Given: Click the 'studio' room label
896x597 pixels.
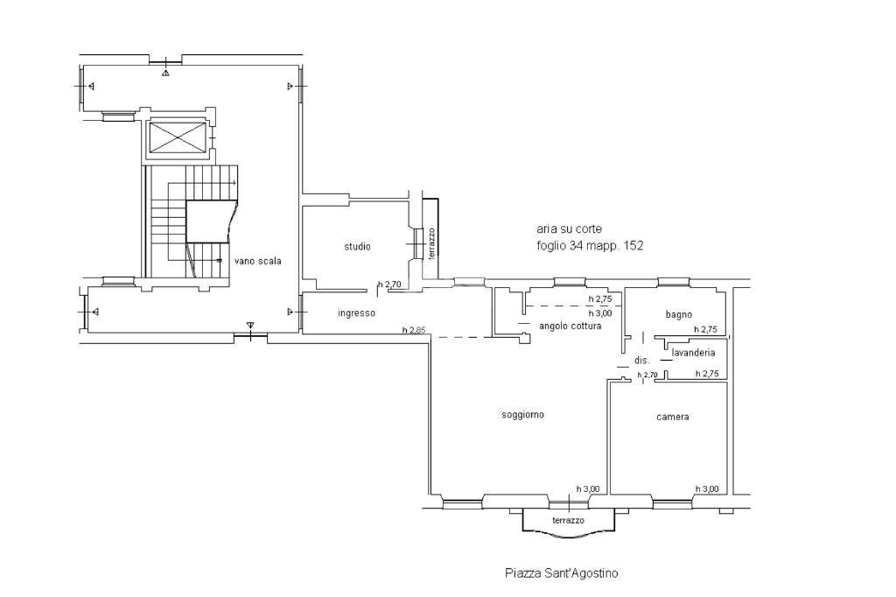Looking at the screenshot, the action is pyautogui.click(x=357, y=247).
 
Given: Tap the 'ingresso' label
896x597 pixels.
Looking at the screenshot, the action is pyautogui.click(x=357, y=313).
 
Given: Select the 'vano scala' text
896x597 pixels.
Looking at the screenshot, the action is pyautogui.click(x=258, y=261).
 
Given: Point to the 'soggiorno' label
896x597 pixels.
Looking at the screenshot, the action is pyautogui.click(x=523, y=415).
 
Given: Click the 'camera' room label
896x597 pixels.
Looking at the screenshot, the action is pyautogui.click(x=673, y=417).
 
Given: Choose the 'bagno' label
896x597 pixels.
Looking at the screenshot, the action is pyautogui.click(x=679, y=314).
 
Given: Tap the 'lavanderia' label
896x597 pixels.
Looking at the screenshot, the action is pyautogui.click(x=693, y=353).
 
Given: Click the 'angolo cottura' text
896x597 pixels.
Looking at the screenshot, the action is pyautogui.click(x=570, y=326).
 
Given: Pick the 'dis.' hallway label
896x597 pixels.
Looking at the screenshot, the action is pyautogui.click(x=641, y=361).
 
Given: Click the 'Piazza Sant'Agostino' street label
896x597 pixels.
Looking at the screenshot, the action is pyautogui.click(x=561, y=572).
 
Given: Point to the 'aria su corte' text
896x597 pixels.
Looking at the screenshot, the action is pyautogui.click(x=569, y=228).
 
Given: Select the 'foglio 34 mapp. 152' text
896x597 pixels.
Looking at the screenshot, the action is pyautogui.click(x=590, y=246).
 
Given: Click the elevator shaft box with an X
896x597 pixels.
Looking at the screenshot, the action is pyautogui.click(x=177, y=137).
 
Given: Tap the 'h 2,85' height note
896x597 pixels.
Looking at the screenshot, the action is pyautogui.click(x=414, y=330).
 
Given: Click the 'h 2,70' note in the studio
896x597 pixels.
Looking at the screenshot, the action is pyautogui.click(x=389, y=284).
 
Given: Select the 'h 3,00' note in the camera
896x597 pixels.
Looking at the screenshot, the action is pyautogui.click(x=707, y=489).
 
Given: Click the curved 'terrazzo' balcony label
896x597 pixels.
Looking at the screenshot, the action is pyautogui.click(x=569, y=520).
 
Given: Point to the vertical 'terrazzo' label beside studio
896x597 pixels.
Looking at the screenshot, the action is pyautogui.click(x=431, y=243).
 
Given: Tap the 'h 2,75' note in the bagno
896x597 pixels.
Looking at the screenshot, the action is pyautogui.click(x=706, y=329).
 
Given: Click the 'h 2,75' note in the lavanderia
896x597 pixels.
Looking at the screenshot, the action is pyautogui.click(x=707, y=374).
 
